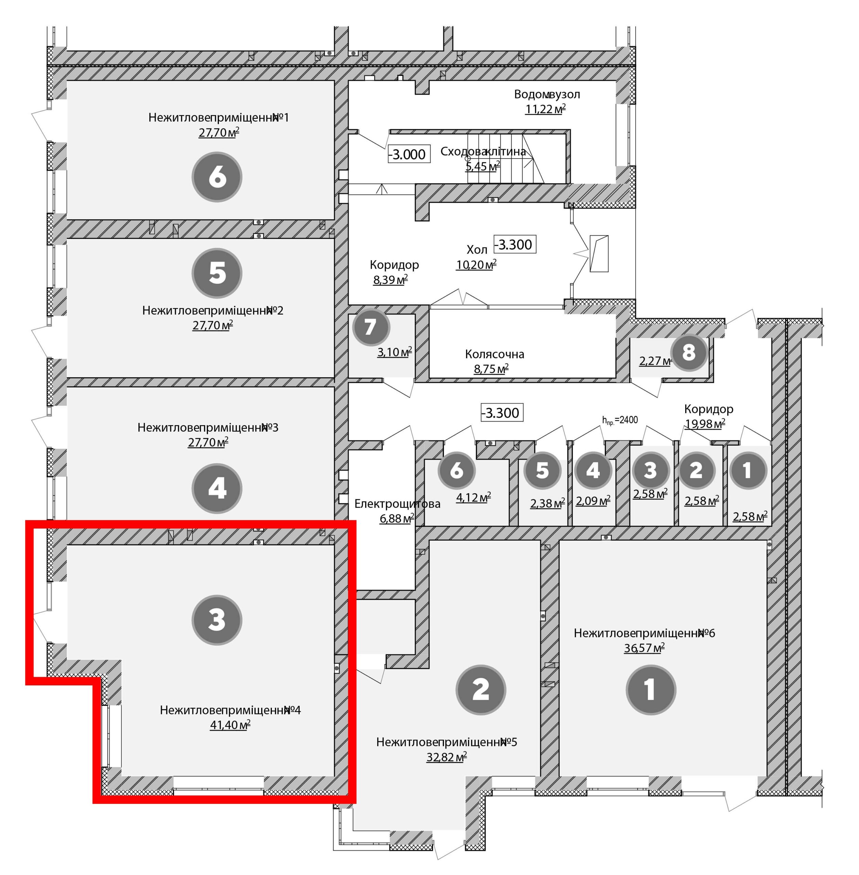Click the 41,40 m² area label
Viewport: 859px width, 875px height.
click(230, 725)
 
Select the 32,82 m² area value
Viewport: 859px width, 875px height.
click(447, 757)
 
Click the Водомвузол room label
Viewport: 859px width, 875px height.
click(547, 94)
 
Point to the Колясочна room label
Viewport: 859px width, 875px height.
click(494, 354)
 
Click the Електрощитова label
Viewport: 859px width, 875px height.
click(397, 503)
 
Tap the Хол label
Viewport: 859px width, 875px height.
click(477, 250)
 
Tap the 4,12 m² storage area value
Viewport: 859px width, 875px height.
click(473, 498)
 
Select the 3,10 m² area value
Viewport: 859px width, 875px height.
click(395, 352)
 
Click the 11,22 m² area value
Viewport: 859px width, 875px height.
click(545, 109)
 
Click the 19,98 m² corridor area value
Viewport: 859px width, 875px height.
click(705, 423)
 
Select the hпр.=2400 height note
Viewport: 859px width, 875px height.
click(620, 420)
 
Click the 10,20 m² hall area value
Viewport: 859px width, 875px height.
click(476, 264)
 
